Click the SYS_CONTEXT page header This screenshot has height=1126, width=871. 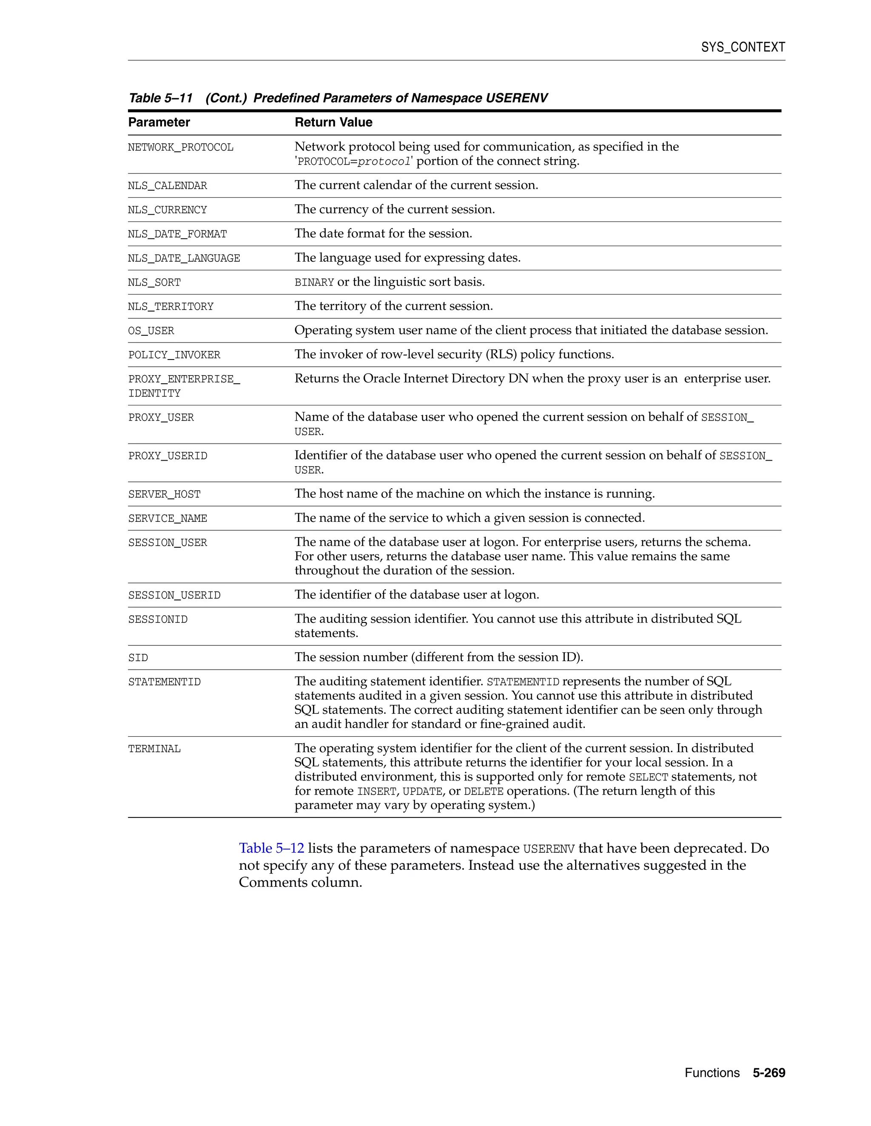click(743, 48)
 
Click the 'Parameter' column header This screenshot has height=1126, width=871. click(159, 122)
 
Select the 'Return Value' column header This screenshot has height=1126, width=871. click(333, 122)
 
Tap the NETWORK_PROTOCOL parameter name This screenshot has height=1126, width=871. click(181, 147)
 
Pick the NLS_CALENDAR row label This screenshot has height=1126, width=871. click(167, 186)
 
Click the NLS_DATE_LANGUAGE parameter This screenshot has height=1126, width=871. click(184, 258)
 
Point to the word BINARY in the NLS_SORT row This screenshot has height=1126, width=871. click(314, 283)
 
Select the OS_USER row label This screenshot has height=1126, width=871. click(151, 331)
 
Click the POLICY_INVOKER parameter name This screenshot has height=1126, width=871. click(174, 355)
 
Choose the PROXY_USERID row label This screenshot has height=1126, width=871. click(168, 456)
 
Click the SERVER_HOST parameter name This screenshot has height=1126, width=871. click(164, 495)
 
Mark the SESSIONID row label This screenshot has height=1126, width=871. click(158, 620)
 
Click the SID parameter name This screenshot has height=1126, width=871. click(138, 658)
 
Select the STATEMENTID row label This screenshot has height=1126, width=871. click(164, 682)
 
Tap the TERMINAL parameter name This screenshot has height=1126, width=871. click(154, 749)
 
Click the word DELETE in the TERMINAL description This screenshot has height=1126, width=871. click(484, 792)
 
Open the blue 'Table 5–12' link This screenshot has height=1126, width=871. click(271, 849)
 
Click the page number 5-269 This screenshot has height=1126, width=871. click(769, 1073)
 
